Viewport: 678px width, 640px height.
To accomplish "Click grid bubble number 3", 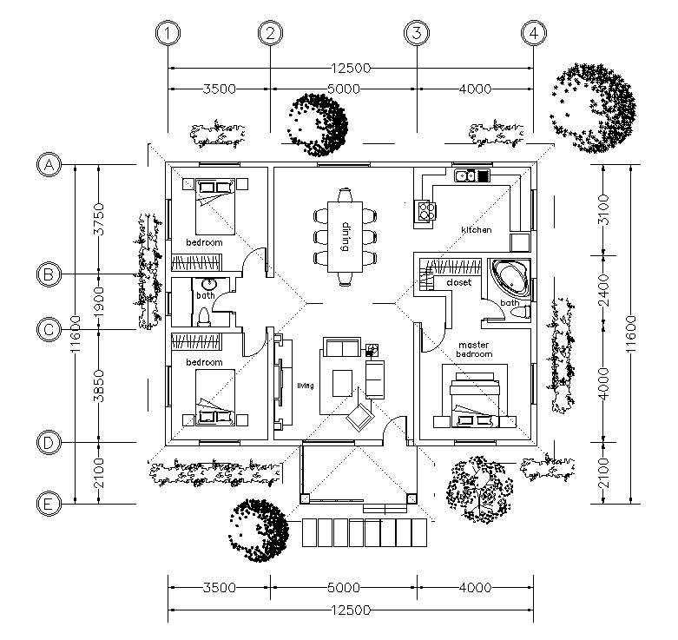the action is point(417,33).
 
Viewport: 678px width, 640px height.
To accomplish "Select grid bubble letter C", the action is point(49,329).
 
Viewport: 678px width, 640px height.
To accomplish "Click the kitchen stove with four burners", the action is point(425,211).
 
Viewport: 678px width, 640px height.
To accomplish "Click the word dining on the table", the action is point(345,237).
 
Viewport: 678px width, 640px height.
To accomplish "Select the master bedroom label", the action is point(474,349).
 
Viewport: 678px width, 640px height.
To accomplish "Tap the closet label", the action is point(458,282).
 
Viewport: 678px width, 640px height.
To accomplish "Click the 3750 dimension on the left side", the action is point(99,219).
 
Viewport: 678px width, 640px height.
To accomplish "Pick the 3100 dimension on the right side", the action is point(603,210).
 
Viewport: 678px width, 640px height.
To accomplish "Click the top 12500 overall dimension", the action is point(351,68).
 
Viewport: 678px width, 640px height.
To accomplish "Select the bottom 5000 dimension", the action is point(344,587).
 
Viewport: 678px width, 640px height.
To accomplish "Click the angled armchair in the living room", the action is point(359,417).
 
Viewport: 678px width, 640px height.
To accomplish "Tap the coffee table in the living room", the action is point(342,383).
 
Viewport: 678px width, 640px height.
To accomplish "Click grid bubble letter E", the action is point(49,504).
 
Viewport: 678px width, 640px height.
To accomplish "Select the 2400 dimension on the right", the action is point(603,290).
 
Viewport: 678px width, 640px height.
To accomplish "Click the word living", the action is point(306,386).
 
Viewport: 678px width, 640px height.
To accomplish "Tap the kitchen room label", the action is point(477,229).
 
